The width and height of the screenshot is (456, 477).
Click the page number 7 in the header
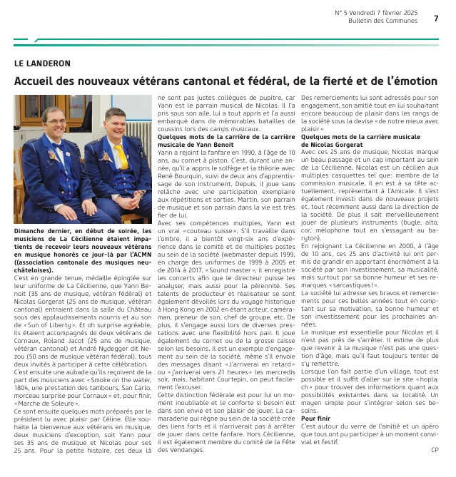(435, 18)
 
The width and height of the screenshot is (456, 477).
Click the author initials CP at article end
(435, 449)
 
